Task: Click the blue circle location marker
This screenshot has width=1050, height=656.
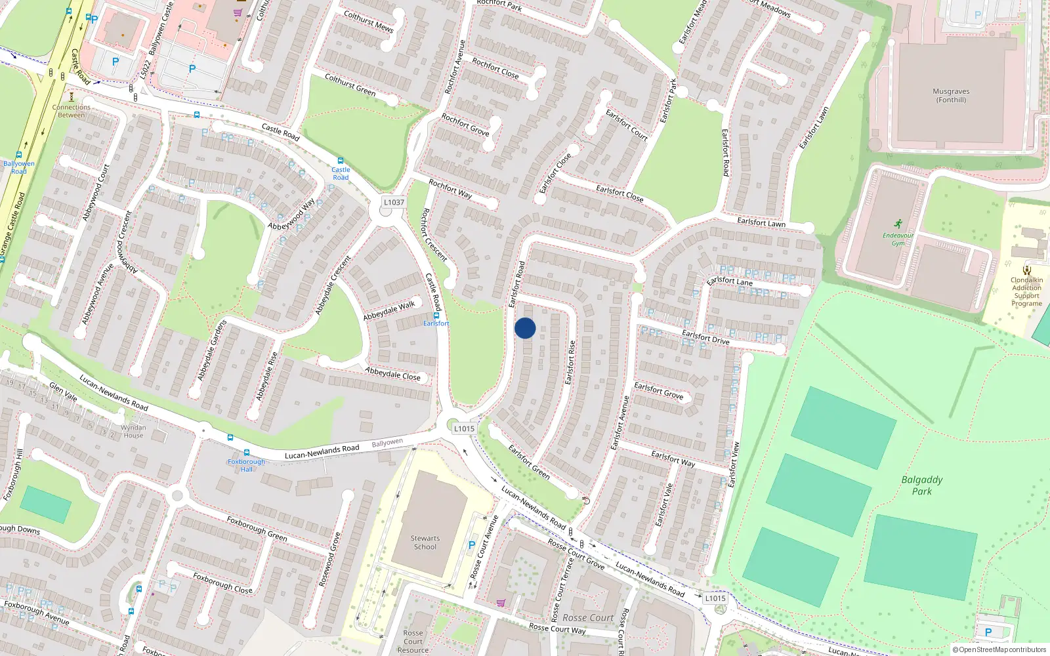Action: point(525,328)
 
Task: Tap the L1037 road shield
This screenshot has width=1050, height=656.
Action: point(394,202)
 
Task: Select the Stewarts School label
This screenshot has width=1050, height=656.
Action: point(425,543)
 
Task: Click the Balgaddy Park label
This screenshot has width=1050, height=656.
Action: point(921,485)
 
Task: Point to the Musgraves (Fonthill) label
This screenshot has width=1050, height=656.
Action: point(951,96)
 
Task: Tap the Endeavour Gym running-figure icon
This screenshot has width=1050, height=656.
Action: point(897,224)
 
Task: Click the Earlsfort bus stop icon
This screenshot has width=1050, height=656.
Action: point(436,316)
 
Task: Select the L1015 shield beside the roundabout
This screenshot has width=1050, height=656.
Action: point(464,428)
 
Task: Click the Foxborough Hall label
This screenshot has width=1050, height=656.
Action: point(246,465)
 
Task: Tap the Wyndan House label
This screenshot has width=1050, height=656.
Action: point(133,431)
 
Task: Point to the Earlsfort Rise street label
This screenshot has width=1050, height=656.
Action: point(570,362)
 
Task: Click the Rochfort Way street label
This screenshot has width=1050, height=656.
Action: point(450,189)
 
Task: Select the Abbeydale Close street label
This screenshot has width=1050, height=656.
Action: point(392,374)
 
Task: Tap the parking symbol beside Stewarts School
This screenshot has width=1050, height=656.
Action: point(471,545)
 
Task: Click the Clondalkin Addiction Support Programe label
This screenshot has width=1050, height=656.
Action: point(1026,291)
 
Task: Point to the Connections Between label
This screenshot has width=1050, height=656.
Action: point(71,111)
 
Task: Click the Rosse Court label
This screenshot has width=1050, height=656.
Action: point(587,617)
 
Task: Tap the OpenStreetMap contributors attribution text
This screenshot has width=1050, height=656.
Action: point(999,649)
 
